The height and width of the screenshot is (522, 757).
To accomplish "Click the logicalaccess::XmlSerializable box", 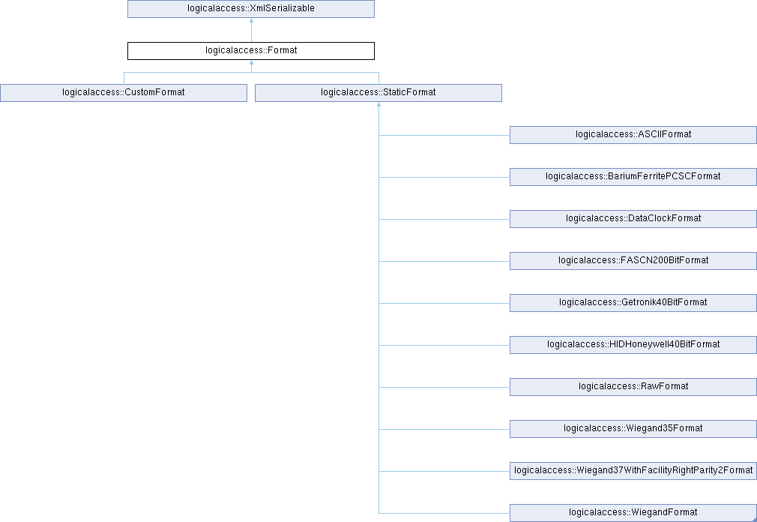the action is (x=250, y=9).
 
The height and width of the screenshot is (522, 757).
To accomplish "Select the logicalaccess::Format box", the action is (x=250, y=51).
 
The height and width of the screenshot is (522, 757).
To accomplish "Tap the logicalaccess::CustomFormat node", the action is (x=124, y=93).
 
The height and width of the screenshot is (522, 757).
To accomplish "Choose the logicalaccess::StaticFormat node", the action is (x=378, y=93).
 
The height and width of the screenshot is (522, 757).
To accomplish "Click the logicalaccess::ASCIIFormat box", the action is (x=633, y=135).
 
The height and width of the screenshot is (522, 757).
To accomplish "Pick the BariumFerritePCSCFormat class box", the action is (x=633, y=177).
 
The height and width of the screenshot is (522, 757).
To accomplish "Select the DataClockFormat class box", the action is (x=633, y=219).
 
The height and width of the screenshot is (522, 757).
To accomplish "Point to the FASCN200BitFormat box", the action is (x=633, y=261).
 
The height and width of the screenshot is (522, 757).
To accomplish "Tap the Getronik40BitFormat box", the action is (x=633, y=303).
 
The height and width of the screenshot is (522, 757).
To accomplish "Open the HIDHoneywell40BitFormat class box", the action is (x=633, y=345).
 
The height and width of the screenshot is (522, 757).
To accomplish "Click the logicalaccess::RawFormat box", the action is (x=633, y=387).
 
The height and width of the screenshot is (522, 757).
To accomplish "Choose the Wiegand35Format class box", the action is (x=633, y=429).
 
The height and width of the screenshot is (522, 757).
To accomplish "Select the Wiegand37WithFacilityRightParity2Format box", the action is (x=633, y=471).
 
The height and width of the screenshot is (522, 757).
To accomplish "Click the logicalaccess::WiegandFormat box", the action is (x=633, y=513).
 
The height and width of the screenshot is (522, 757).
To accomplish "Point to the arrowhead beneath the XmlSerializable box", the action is (x=251, y=20).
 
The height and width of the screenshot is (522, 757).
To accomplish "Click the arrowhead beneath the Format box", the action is (x=251, y=62).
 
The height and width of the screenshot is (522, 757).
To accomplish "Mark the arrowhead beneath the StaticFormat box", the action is (x=379, y=104).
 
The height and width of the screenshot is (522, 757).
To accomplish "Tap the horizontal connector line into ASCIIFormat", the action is (x=444, y=135).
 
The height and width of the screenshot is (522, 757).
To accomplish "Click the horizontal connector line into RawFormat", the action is (x=444, y=387).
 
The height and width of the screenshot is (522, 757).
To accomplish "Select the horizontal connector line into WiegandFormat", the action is (x=444, y=513).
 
